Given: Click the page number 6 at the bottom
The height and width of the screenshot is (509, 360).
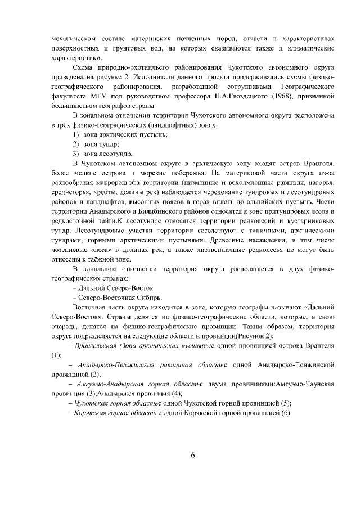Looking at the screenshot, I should coord(192,456).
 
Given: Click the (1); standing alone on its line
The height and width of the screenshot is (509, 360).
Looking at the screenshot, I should coord(56,355).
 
